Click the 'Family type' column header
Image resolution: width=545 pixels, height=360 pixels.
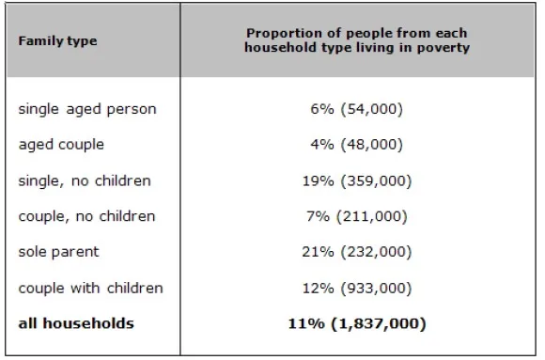[57, 41]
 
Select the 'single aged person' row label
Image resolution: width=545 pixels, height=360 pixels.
[87, 110]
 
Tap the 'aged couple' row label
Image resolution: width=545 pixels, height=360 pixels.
[61, 145]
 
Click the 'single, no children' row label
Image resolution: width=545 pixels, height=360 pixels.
[85, 180]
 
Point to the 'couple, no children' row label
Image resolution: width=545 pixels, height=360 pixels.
[86, 217]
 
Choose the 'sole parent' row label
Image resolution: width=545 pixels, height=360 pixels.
[59, 252]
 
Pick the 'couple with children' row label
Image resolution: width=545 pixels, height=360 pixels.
[90, 288]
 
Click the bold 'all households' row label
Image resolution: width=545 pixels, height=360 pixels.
[76, 323]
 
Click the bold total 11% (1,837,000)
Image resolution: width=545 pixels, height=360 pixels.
[357, 324]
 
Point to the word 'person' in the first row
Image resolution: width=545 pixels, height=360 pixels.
[132, 110]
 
